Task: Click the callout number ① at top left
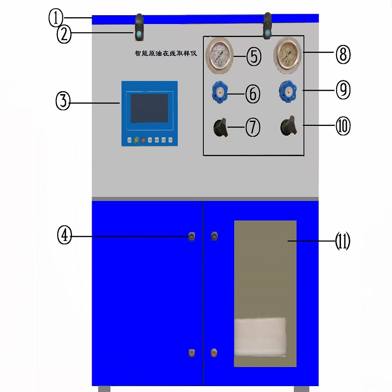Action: (x=56, y=18)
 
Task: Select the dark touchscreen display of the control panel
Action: (x=148, y=108)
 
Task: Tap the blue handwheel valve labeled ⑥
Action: (x=219, y=91)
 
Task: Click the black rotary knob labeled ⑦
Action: (x=220, y=128)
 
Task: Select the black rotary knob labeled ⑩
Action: (x=288, y=127)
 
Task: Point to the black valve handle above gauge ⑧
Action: (x=268, y=27)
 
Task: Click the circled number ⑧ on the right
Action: (x=343, y=54)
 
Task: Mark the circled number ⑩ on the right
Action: (x=343, y=126)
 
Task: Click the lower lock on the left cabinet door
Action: (x=191, y=352)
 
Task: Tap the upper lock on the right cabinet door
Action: (x=214, y=237)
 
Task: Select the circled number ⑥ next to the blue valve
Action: (x=252, y=93)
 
